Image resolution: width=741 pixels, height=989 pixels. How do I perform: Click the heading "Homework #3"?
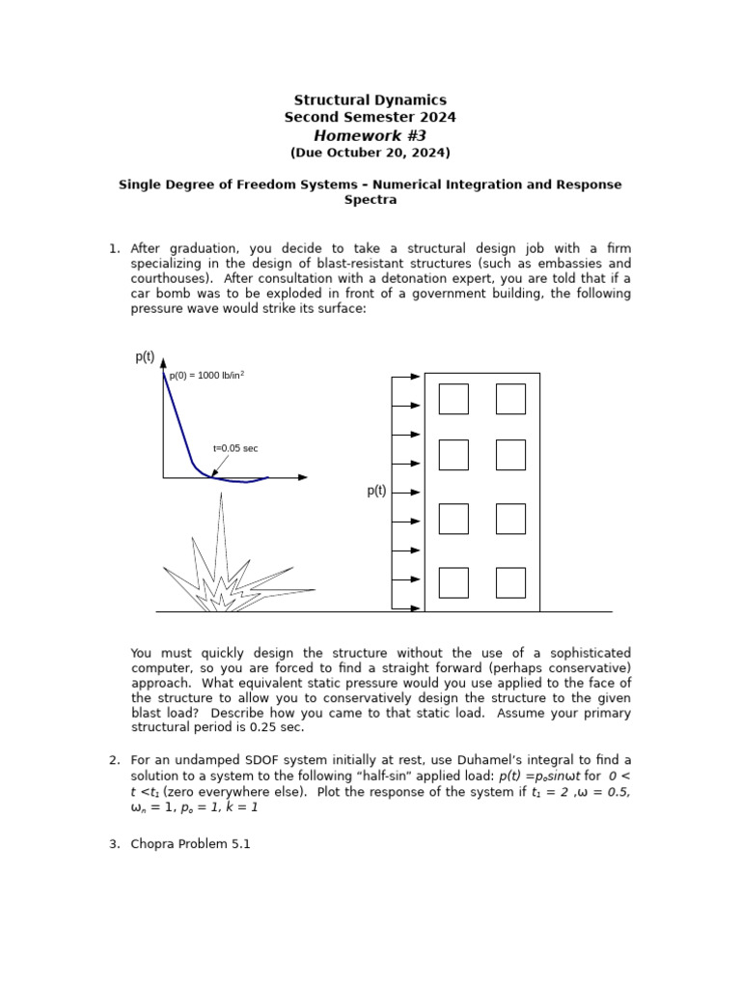pyautogui.click(x=370, y=135)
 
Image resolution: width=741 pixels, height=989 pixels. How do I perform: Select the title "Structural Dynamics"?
pyautogui.click(x=370, y=100)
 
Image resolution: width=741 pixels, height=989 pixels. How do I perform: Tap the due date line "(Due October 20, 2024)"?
pyautogui.click(x=370, y=153)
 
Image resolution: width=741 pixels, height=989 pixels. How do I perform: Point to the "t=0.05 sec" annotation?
pyautogui.click(x=235, y=448)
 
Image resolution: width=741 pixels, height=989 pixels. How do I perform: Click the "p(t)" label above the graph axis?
pyautogui.click(x=145, y=357)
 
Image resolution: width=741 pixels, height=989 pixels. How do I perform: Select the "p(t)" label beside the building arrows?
pyautogui.click(x=376, y=491)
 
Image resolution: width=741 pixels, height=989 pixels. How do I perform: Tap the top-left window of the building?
pyautogui.click(x=453, y=399)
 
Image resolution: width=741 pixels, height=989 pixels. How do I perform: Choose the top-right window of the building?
pyautogui.click(x=510, y=399)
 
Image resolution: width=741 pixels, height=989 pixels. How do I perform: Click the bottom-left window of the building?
pyautogui.click(x=453, y=582)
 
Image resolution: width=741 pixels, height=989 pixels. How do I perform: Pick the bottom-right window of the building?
pyautogui.click(x=510, y=582)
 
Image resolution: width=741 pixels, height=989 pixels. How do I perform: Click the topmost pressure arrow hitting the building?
pyautogui.click(x=407, y=377)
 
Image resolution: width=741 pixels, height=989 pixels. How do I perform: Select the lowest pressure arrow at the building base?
pyautogui.click(x=407, y=608)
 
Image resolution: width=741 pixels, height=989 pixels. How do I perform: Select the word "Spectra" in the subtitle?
pyautogui.click(x=370, y=201)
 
